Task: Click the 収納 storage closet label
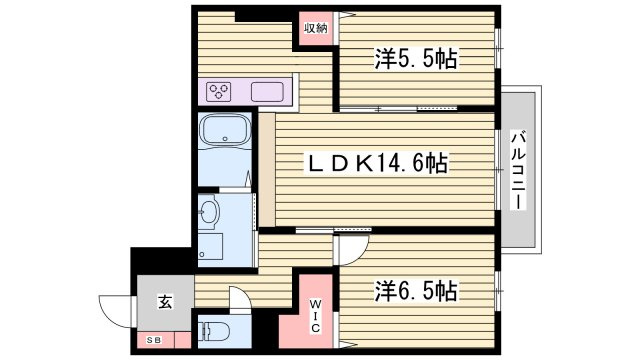click(316, 28)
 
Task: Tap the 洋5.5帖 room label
click(416, 59)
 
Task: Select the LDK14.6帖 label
click(377, 164)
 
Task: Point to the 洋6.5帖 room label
click(416, 291)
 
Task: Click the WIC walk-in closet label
click(315, 316)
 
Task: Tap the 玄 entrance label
click(165, 302)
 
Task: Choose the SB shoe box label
click(154, 340)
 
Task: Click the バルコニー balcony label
click(518, 170)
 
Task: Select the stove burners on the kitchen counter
click(218, 91)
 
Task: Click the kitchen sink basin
click(267, 91)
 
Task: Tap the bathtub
click(225, 130)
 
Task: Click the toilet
click(213, 331)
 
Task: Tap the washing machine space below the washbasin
click(211, 247)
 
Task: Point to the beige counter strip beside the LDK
click(267, 170)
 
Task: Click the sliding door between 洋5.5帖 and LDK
click(398, 109)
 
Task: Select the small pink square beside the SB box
click(182, 340)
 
